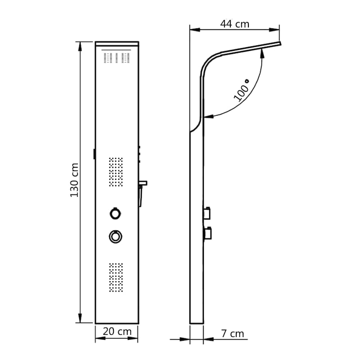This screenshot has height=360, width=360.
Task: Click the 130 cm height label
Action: pyautogui.click(x=75, y=180)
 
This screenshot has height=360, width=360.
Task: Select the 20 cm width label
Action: pyautogui.click(x=117, y=332)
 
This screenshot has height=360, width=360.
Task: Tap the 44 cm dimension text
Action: pyautogui.click(x=234, y=24)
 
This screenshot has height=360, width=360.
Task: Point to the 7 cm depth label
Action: pyautogui.click(x=233, y=333)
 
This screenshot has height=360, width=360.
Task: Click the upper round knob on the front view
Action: pyautogui.click(x=115, y=213)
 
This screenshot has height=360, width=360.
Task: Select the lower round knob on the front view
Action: pyautogui.click(x=115, y=236)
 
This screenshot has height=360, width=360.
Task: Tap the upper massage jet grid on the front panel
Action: pyautogui.click(x=116, y=172)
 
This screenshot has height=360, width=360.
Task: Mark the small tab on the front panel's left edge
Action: pyautogui.click(x=94, y=153)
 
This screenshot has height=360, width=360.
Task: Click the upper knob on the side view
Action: pyautogui.click(x=209, y=211)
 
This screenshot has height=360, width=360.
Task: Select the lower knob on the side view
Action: pyautogui.click(x=209, y=233)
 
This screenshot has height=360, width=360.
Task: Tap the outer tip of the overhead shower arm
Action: pyautogui.click(x=280, y=44)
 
